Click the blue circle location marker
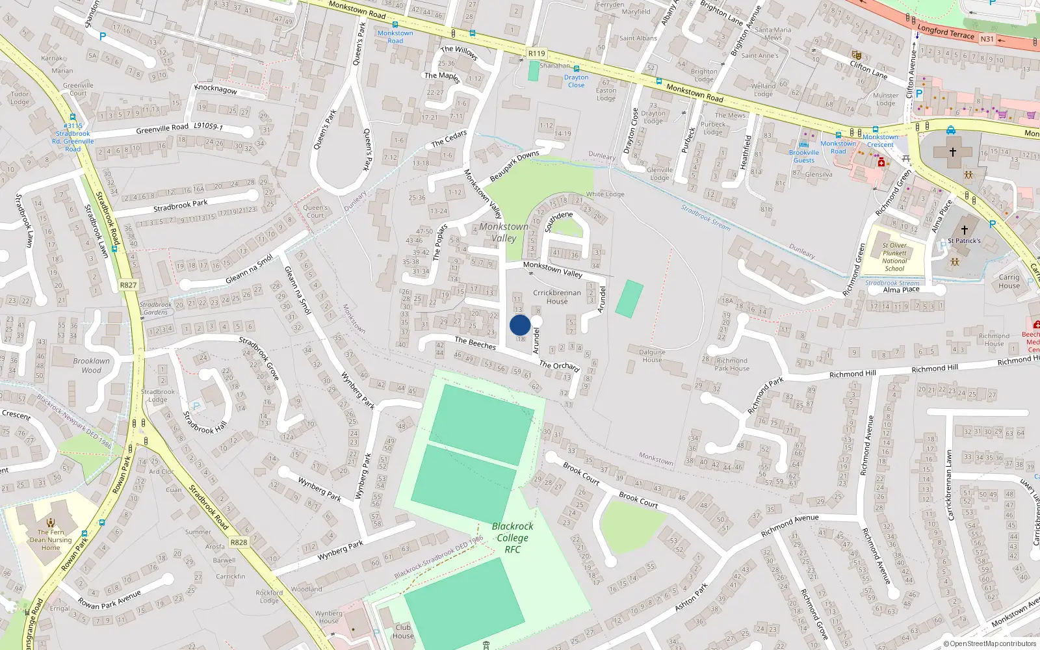(520, 325)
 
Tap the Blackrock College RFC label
(512, 538)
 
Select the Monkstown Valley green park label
(504, 232)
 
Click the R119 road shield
(537, 54)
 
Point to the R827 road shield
(128, 285)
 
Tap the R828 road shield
(239, 542)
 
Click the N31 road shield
(987, 39)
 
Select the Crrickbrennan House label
(557, 296)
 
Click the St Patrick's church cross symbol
(965, 229)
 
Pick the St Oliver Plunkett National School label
(894, 257)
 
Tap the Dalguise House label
(652, 356)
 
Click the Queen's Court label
(315, 211)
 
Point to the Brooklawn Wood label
(91, 365)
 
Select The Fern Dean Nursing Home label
(51, 539)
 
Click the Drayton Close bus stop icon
(576, 68)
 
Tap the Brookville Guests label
(804, 156)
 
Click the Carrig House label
(1009, 281)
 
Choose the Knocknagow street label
(216, 89)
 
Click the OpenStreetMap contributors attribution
(990, 643)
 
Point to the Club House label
(403, 631)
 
